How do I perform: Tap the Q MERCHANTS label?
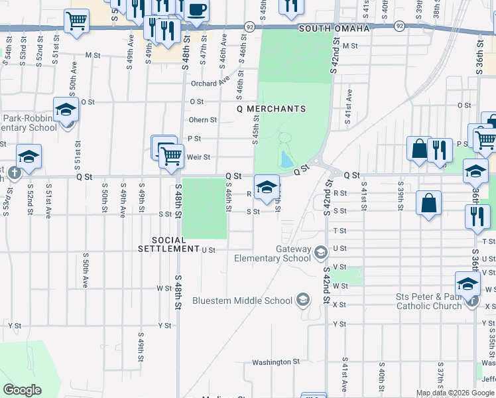[271, 109]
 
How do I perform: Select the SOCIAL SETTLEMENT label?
[176, 244]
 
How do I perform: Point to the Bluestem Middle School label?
[242, 300]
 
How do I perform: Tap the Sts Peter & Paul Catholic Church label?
[424, 300]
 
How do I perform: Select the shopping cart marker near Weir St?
[171, 156]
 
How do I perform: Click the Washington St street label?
[276, 362]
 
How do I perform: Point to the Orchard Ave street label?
[210, 84]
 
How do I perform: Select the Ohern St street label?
[202, 120]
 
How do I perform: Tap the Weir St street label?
[198, 157]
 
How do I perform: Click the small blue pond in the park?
[286, 159]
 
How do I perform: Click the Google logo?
[22, 390]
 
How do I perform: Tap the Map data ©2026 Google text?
[455, 393]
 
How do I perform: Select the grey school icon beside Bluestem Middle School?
[303, 300]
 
